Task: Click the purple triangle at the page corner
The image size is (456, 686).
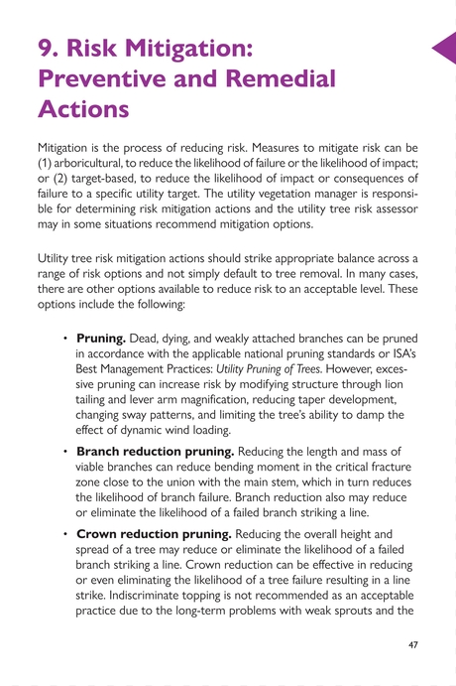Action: click(443, 48)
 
